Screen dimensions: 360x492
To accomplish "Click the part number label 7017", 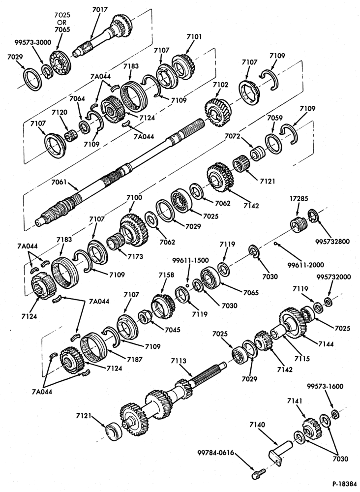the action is [x=100, y=9].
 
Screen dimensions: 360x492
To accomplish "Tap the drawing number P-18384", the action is [x=345, y=484].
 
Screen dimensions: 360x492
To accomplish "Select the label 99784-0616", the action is [x=216, y=453].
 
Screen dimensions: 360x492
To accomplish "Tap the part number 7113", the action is [x=179, y=361].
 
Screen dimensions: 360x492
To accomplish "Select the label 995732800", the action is [x=332, y=242].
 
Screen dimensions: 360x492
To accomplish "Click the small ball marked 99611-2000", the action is [x=275, y=243].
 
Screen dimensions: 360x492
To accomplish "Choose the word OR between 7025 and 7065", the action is [x=62, y=22].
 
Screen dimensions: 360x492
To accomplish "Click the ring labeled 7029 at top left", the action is [x=33, y=79].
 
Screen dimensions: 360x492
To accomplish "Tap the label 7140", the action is [x=257, y=425].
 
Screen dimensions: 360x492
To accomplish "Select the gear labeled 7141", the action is [x=312, y=429].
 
